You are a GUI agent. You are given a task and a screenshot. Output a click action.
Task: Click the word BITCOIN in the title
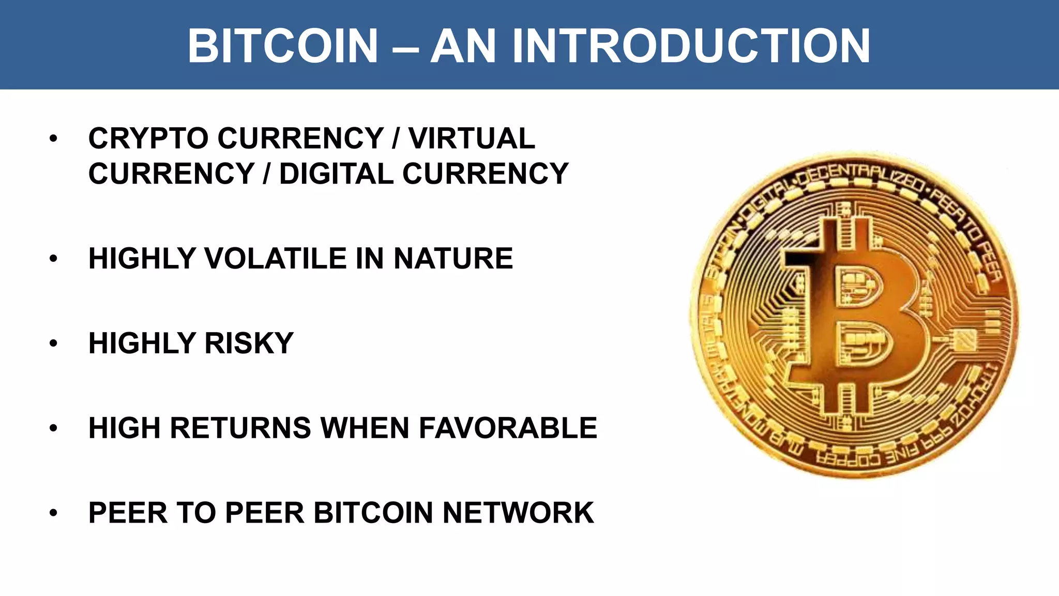(283, 46)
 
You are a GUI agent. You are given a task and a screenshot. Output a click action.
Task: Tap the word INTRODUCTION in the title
(691, 46)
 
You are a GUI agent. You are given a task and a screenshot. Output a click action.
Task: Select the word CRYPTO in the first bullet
(148, 139)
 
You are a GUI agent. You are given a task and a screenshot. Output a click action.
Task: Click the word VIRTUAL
(472, 139)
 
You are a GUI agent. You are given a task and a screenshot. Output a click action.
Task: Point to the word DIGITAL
(336, 173)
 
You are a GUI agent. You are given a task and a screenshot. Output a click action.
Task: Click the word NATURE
(453, 259)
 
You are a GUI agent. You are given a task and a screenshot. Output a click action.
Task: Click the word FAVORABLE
(507, 428)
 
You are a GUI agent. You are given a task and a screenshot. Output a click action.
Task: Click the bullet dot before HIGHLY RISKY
(53, 344)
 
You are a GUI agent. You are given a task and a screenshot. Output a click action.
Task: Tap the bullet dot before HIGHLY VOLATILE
(53, 259)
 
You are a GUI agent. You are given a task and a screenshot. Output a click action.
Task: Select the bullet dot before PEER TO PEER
(53, 513)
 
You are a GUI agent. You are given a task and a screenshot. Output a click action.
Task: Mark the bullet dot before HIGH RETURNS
(53, 428)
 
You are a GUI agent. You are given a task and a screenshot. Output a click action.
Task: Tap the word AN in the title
(463, 46)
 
